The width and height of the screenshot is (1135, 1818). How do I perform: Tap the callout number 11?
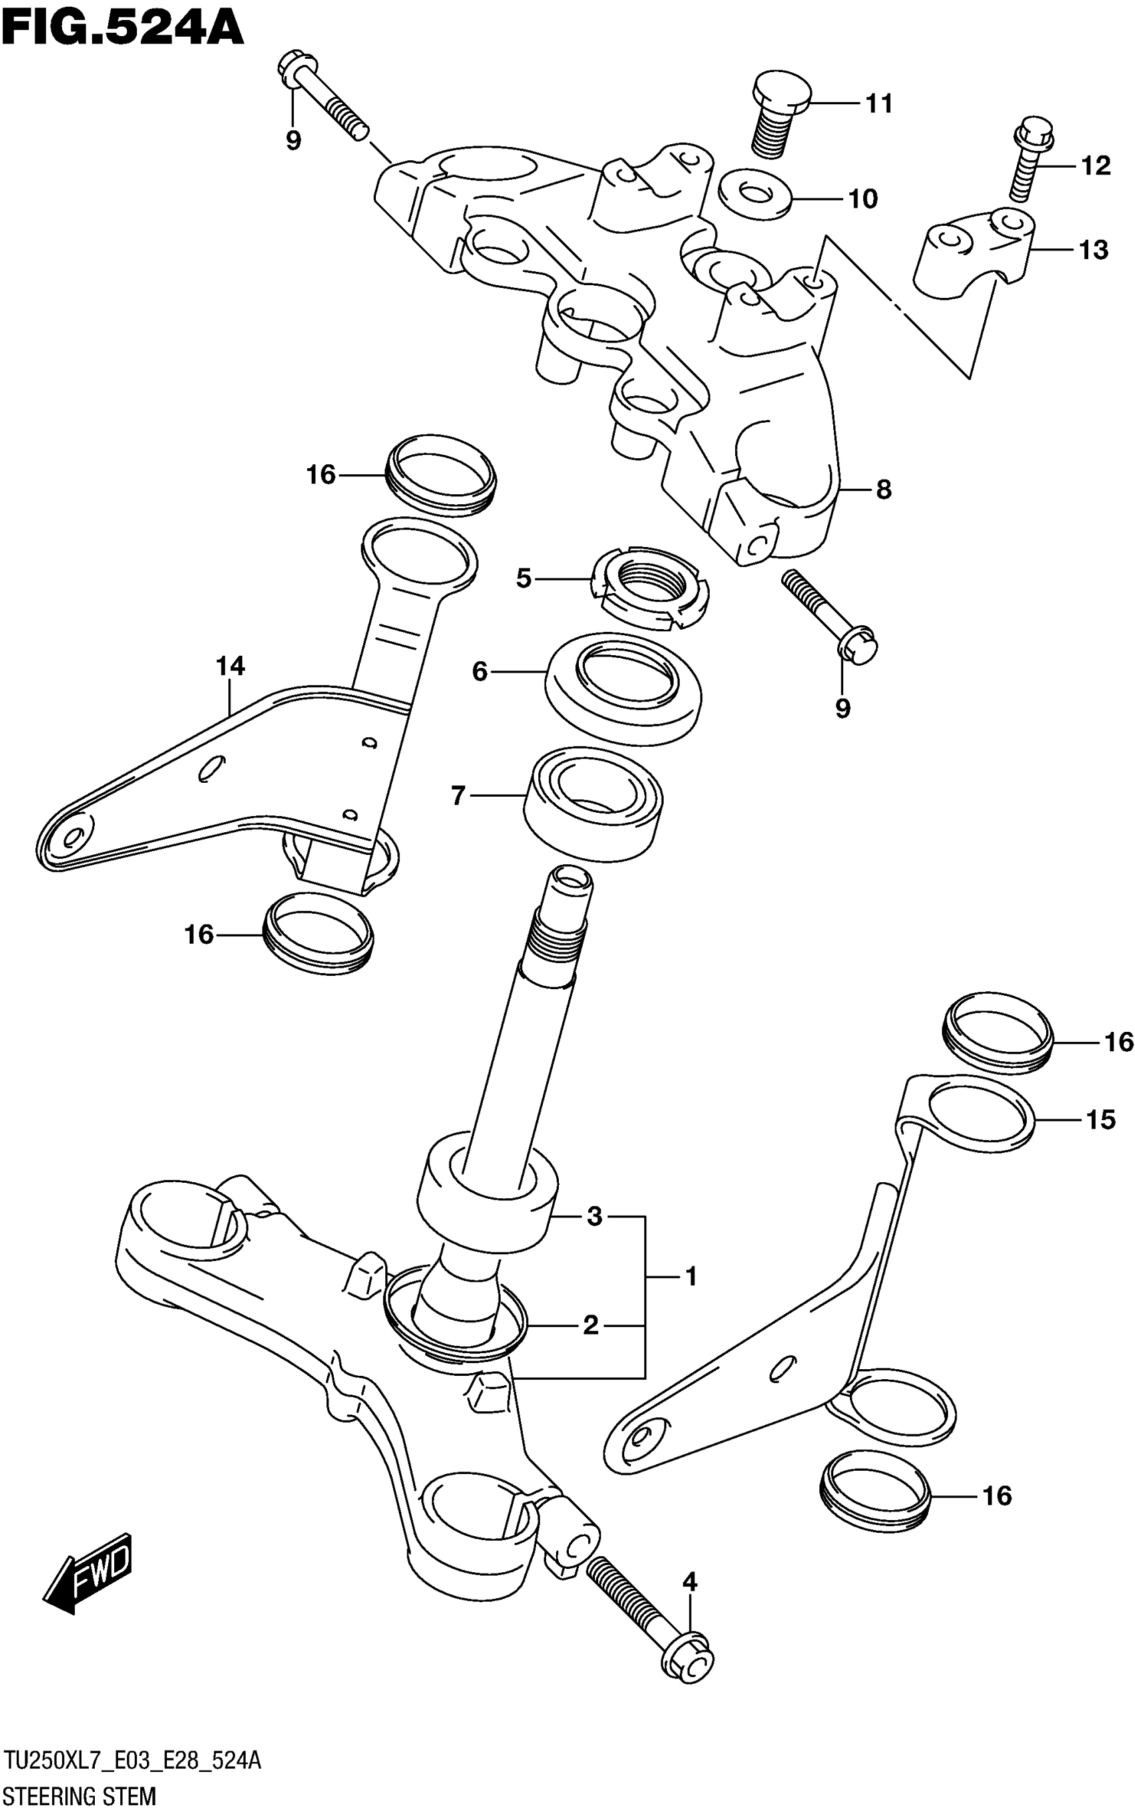(x=879, y=104)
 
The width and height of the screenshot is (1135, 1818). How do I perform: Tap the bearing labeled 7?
(x=593, y=801)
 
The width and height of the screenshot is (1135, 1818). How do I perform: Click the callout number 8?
(x=883, y=490)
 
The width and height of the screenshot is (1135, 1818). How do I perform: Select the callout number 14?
(x=230, y=666)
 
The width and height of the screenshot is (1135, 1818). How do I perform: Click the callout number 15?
(x=1100, y=1119)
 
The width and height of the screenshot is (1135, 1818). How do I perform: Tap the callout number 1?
(x=690, y=1276)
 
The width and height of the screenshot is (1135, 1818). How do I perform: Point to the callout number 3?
(x=594, y=1216)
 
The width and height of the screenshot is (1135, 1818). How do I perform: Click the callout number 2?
(x=591, y=1325)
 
